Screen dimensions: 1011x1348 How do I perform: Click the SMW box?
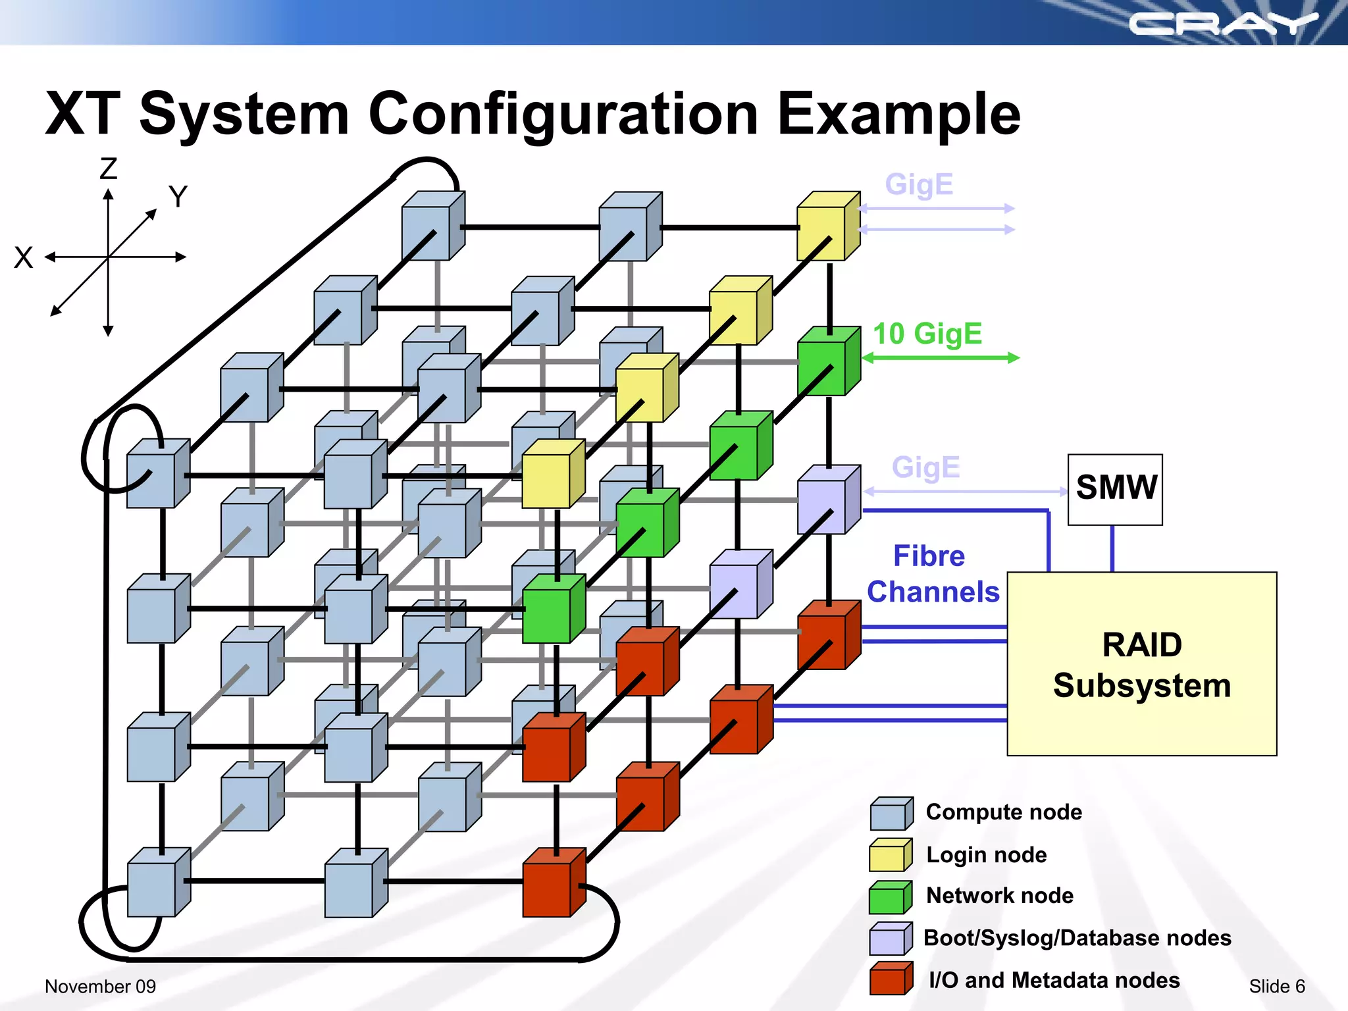1115,489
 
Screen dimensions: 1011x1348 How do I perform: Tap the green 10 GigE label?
927,334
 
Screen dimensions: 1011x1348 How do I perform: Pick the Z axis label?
109,169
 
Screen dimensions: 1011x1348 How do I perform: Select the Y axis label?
178,197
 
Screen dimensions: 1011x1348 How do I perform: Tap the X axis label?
24,257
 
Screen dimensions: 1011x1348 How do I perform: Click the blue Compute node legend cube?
891,814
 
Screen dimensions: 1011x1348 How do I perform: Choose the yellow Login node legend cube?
891,855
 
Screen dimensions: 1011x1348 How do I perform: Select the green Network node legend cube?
891,897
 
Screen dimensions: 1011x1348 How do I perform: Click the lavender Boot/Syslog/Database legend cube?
891,939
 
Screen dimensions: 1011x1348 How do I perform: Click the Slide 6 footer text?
1276,986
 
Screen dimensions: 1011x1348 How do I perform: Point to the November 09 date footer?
100,986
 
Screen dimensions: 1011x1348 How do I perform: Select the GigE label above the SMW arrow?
925,467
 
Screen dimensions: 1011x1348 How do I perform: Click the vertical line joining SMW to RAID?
1112,548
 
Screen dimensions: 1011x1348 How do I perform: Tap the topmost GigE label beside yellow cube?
919,184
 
